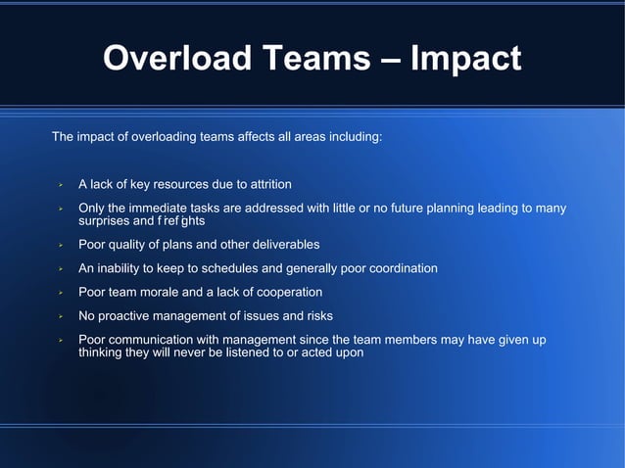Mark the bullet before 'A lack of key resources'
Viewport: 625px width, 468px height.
(x=60, y=185)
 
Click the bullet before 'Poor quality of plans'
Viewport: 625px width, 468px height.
(x=60, y=245)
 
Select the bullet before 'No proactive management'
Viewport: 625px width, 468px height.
(x=60, y=316)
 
